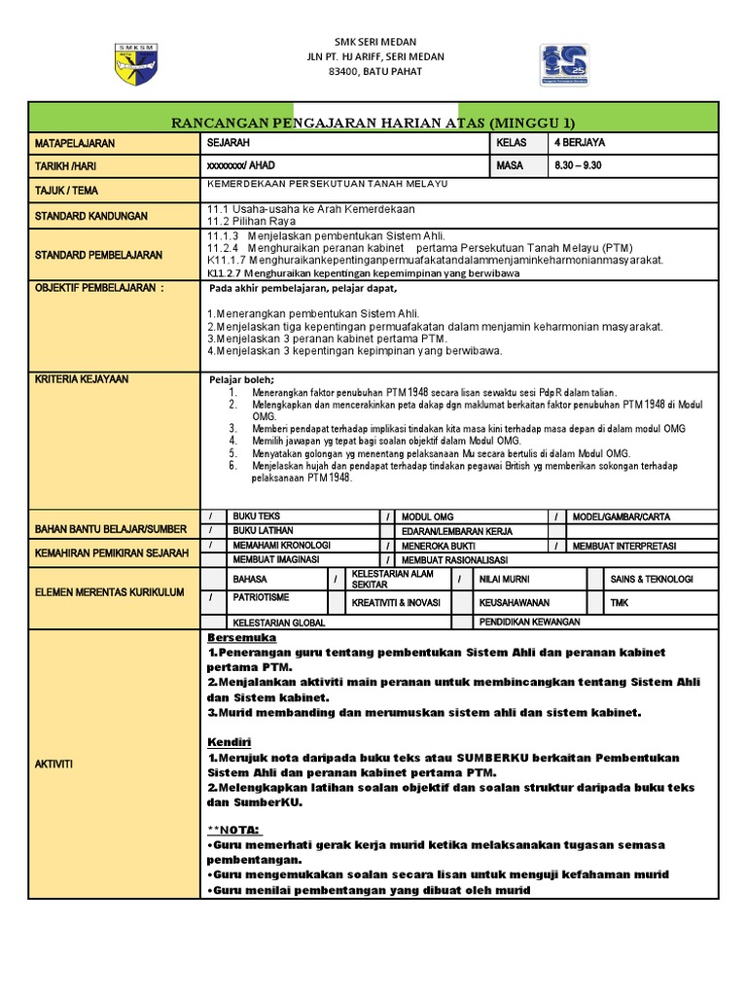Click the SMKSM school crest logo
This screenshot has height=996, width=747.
point(138,65)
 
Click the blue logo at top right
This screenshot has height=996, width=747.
point(564,65)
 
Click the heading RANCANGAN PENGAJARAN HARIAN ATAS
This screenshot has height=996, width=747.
point(373,123)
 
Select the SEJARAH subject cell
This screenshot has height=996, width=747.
point(229,143)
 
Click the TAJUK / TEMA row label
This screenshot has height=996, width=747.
point(66,191)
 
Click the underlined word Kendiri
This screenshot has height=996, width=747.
point(231,742)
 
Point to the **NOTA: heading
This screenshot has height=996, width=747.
point(235,832)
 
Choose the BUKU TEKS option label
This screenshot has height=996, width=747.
point(256,516)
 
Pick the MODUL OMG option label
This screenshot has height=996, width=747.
point(428,516)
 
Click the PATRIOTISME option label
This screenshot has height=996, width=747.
point(262,597)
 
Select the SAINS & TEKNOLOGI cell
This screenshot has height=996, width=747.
point(651,579)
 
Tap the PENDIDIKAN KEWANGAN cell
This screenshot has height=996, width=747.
point(529,621)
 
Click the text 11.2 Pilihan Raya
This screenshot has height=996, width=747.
point(250,222)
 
